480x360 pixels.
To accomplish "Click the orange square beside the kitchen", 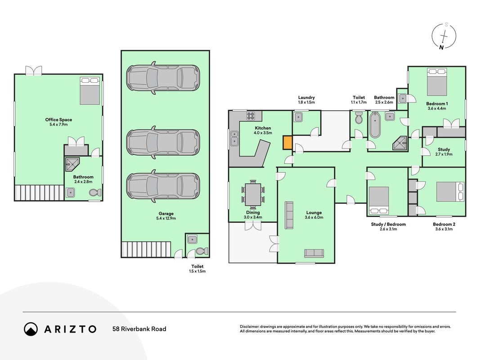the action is click(287, 143).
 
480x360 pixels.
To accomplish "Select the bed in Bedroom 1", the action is click(437, 82).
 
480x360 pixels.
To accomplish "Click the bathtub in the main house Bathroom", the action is click(375, 125).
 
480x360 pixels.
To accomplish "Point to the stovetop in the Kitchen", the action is click(251, 116).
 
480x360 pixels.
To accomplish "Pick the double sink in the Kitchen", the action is click(234, 138).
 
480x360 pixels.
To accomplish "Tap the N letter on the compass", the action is click(441, 47).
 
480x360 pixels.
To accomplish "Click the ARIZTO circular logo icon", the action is click(31, 329).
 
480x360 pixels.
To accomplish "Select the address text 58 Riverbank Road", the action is click(139, 329).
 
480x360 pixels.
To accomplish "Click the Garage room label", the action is click(166, 214).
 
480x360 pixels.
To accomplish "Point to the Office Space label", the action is click(58, 120).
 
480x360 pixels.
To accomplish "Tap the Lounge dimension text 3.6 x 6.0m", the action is click(314, 217).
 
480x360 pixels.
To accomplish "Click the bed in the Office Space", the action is click(90, 91).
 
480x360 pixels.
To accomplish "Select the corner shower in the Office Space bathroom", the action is click(72, 165).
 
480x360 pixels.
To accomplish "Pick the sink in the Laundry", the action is click(298, 117).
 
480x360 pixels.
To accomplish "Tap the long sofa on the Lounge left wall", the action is click(289, 215).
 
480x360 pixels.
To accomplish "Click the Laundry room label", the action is click(306, 98).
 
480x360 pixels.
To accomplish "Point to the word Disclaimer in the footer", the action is click(249, 327).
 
